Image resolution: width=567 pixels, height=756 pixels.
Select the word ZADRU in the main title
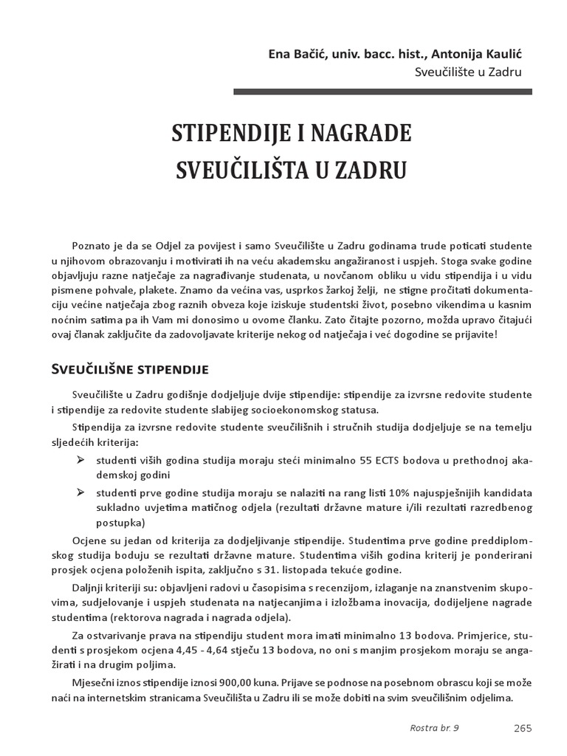click(369, 169)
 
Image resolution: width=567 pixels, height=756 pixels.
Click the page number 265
click(522, 727)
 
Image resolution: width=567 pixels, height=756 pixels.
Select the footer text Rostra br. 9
click(433, 727)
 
